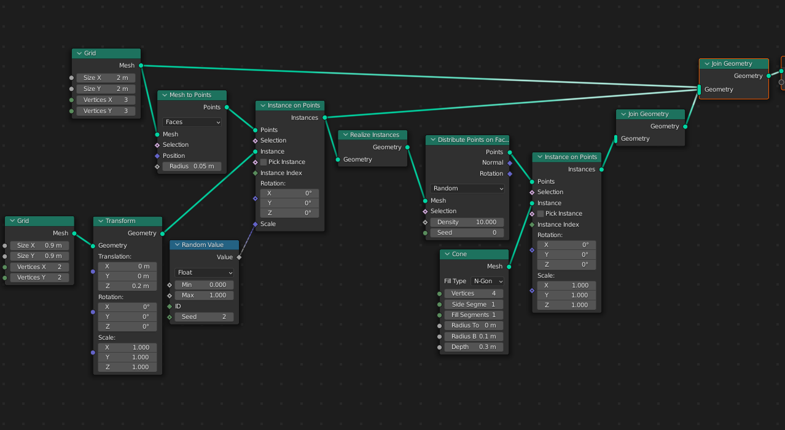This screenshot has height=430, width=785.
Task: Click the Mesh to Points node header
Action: click(192, 95)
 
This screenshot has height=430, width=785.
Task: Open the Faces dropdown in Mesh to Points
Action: click(192, 122)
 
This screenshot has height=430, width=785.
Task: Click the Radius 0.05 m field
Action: click(192, 166)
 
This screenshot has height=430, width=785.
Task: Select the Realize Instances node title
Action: click(374, 135)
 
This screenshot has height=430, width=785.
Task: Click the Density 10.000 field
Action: click(467, 222)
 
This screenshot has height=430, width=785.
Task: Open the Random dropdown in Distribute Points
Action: click(467, 189)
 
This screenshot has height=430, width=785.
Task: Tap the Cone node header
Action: click(474, 254)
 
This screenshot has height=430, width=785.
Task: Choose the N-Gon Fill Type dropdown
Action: click(488, 281)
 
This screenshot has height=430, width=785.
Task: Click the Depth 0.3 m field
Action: click(474, 347)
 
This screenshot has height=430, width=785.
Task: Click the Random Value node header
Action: click(205, 244)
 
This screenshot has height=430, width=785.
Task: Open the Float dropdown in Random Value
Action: click(205, 272)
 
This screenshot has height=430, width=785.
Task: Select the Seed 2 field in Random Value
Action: click(205, 317)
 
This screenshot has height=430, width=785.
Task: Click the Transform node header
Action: click(128, 221)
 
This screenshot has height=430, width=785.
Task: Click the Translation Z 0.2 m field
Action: click(128, 286)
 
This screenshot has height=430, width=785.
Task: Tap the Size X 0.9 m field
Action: click(39, 245)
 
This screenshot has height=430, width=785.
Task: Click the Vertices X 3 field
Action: click(106, 100)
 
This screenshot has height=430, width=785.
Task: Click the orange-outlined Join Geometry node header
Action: click(734, 64)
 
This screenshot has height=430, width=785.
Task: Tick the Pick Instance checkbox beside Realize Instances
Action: click(264, 162)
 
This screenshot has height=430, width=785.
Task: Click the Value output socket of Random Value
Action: click(239, 257)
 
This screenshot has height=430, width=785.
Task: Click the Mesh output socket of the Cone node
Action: click(509, 267)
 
